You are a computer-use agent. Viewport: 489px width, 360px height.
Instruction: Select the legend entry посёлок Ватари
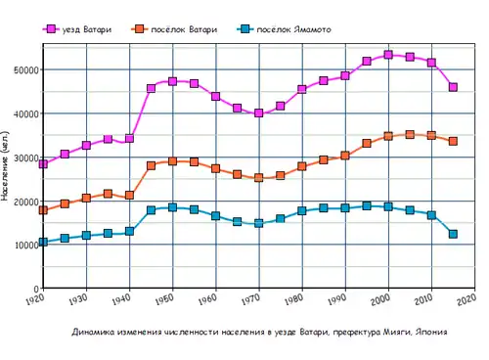[x=183, y=30]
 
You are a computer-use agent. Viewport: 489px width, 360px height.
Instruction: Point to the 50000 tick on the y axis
[x=26, y=70]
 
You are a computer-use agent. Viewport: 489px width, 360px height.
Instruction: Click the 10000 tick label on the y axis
[x=26, y=246]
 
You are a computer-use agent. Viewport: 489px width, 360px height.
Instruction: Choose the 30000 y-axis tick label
[x=26, y=157]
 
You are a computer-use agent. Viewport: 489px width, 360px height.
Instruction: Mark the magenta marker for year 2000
[x=388, y=55]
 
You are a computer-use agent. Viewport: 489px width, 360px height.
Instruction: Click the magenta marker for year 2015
[x=453, y=87]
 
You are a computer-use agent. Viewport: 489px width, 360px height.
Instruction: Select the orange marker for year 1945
[x=151, y=165]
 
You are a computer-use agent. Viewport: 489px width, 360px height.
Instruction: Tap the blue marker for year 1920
[x=43, y=242]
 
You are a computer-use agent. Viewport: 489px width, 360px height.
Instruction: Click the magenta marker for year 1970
[x=259, y=113]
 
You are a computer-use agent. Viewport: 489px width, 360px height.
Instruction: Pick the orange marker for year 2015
[x=453, y=142]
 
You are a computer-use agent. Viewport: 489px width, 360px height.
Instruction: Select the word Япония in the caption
[x=430, y=333]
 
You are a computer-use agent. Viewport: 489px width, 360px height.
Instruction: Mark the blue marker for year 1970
[x=259, y=223]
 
